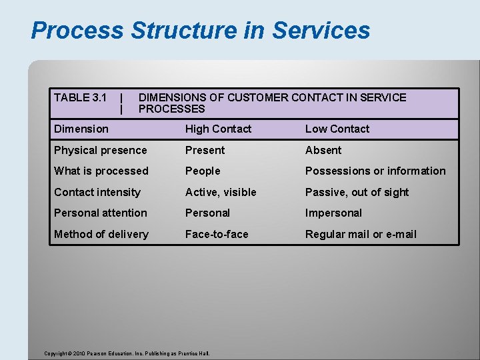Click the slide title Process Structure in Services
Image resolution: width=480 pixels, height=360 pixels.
tap(200, 31)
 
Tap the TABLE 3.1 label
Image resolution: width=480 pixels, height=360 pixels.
tap(81, 98)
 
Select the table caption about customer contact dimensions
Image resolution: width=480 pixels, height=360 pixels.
tap(271, 103)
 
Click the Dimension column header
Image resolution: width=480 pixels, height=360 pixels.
tap(81, 129)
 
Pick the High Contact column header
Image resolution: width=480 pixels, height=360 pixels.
tap(218, 129)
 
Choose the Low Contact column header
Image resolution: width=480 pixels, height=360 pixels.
tap(337, 129)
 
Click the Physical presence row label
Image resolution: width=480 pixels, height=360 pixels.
tap(100, 151)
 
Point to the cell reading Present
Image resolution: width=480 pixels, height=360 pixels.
tap(205, 151)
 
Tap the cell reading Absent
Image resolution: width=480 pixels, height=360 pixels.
tap(323, 151)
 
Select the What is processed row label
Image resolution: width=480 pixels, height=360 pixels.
tap(101, 171)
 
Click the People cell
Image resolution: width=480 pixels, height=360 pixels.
tap(203, 171)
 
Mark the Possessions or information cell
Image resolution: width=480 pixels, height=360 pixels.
tap(375, 171)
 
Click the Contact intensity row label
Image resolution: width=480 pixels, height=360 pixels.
tap(97, 193)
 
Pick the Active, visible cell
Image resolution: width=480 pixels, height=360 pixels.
tap(221, 193)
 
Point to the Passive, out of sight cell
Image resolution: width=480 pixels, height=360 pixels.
tap(357, 193)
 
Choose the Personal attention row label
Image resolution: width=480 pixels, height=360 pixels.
tap(100, 213)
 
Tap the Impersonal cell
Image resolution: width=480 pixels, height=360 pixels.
tap(333, 213)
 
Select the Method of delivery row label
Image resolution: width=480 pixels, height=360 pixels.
tap(101, 235)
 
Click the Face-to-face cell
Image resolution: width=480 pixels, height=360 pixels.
tap(217, 235)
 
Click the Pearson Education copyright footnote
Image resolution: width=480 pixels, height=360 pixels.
tap(126, 353)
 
